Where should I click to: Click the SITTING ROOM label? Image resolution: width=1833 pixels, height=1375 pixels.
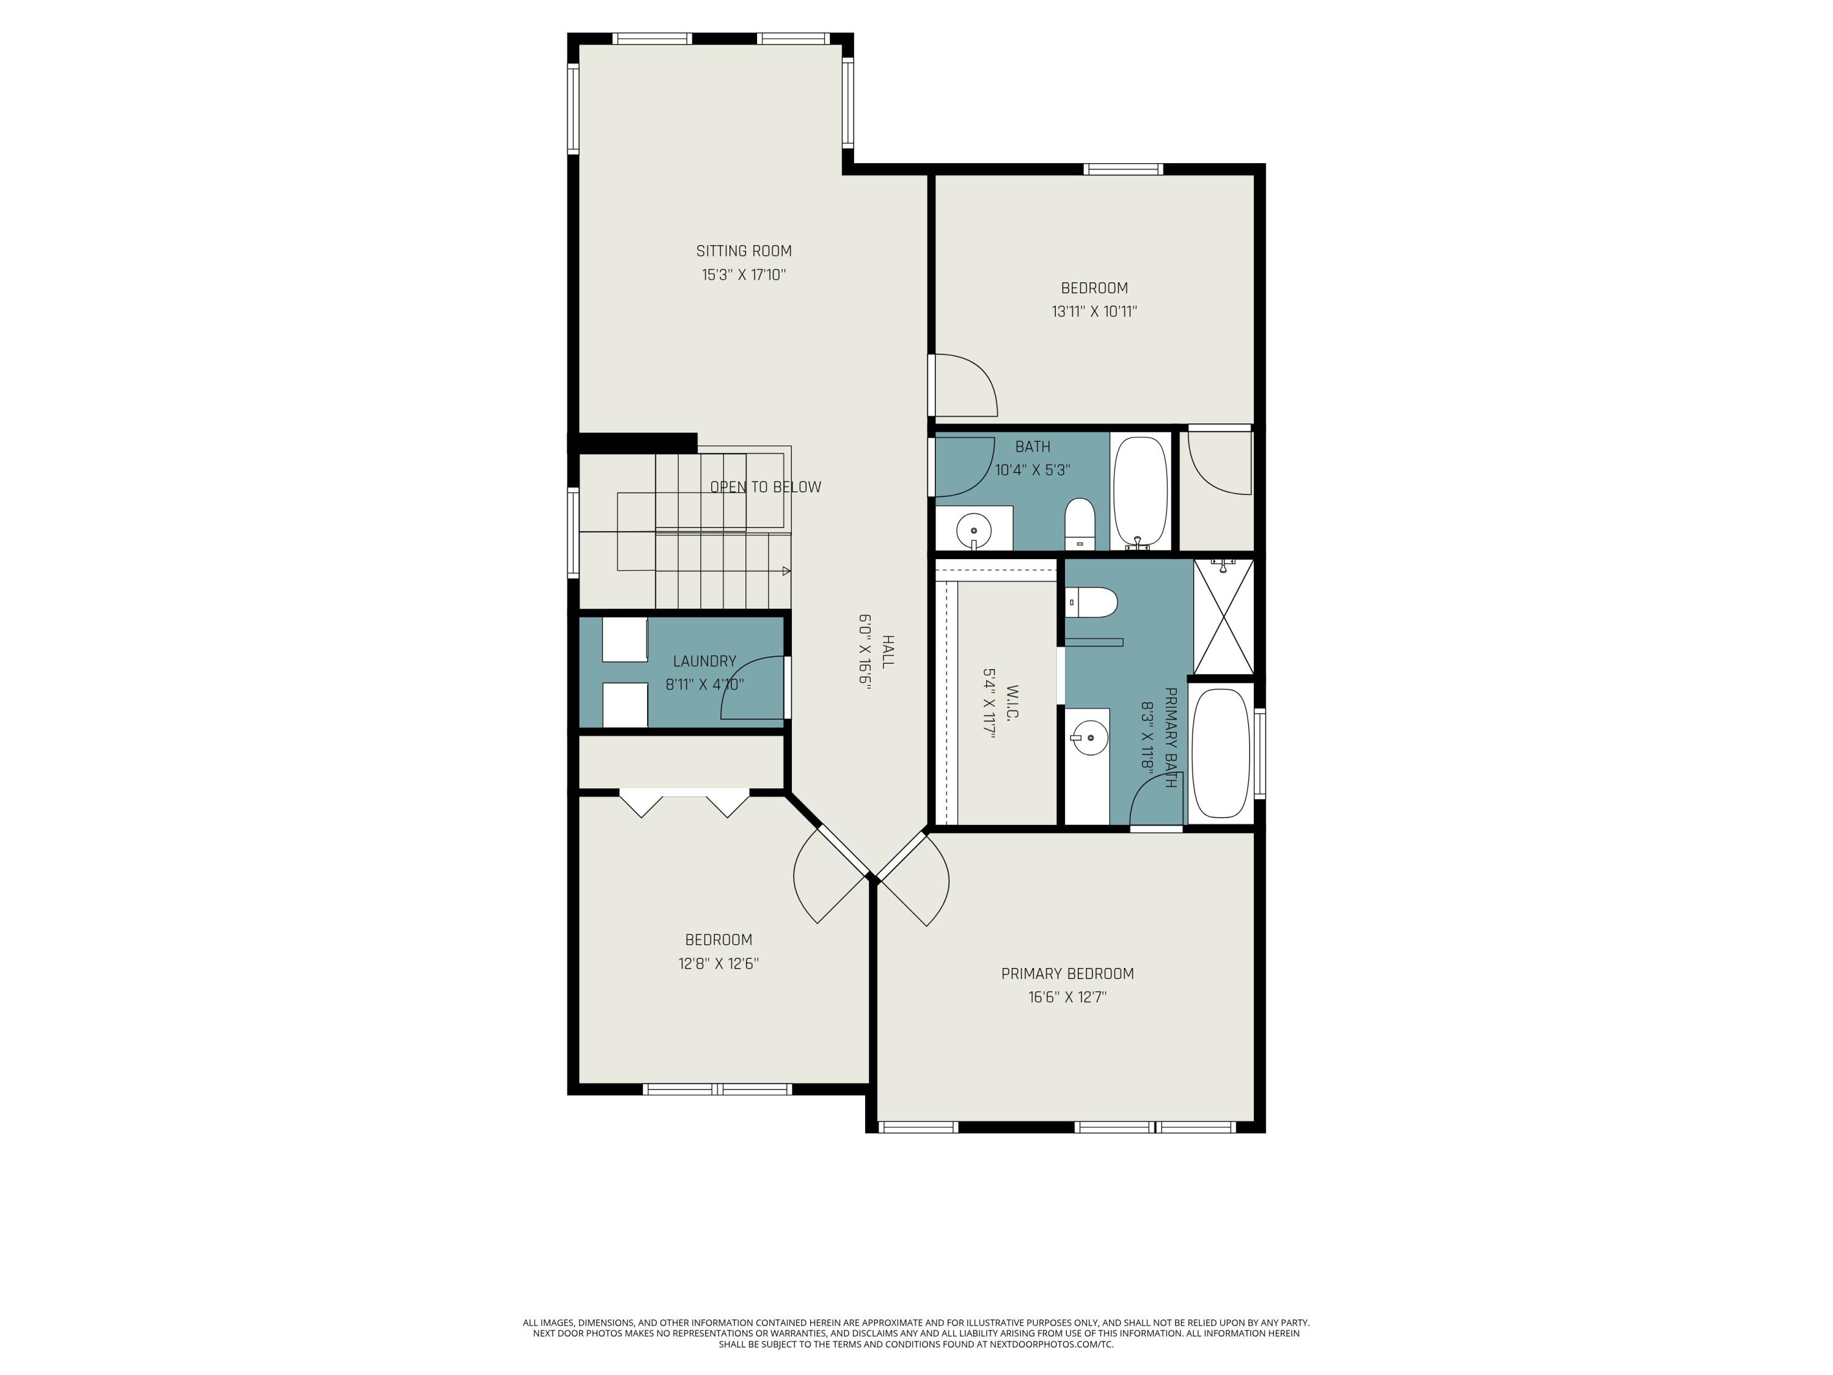(x=744, y=251)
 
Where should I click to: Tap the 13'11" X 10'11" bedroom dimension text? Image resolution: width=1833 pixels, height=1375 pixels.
(x=1094, y=312)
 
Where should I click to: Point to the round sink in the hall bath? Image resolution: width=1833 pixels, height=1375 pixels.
(x=974, y=529)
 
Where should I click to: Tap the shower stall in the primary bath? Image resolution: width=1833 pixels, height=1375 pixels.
(x=1223, y=616)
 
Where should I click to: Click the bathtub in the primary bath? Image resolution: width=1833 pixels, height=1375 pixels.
(x=1220, y=752)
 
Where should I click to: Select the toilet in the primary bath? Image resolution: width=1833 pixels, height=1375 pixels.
(x=1091, y=603)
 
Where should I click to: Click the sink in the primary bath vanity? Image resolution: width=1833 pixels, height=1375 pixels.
(x=1089, y=736)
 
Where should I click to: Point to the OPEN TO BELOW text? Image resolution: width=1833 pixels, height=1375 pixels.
(x=766, y=487)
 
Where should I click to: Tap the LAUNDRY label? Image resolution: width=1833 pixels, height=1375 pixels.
(x=704, y=661)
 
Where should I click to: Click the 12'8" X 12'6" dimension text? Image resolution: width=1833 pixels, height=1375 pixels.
(x=718, y=964)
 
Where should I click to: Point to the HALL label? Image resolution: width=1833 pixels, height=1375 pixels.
(x=888, y=652)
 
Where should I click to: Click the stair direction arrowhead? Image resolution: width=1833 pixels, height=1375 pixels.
(x=786, y=571)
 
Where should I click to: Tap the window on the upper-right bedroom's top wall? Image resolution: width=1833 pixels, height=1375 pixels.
(x=1124, y=170)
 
